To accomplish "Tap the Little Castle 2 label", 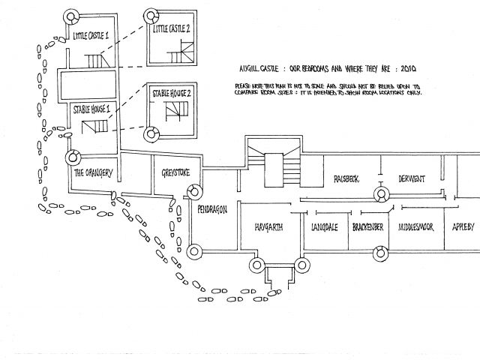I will pos(172,30).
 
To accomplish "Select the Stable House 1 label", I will pos(92,109).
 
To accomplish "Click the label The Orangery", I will pos(93,173).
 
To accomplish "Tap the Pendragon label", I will pos(212,209).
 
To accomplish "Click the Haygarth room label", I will pos(268,227).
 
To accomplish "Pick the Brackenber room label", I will pos(369,227).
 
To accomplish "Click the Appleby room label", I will pos(463,227).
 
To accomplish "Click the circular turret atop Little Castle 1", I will pos(73,17).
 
